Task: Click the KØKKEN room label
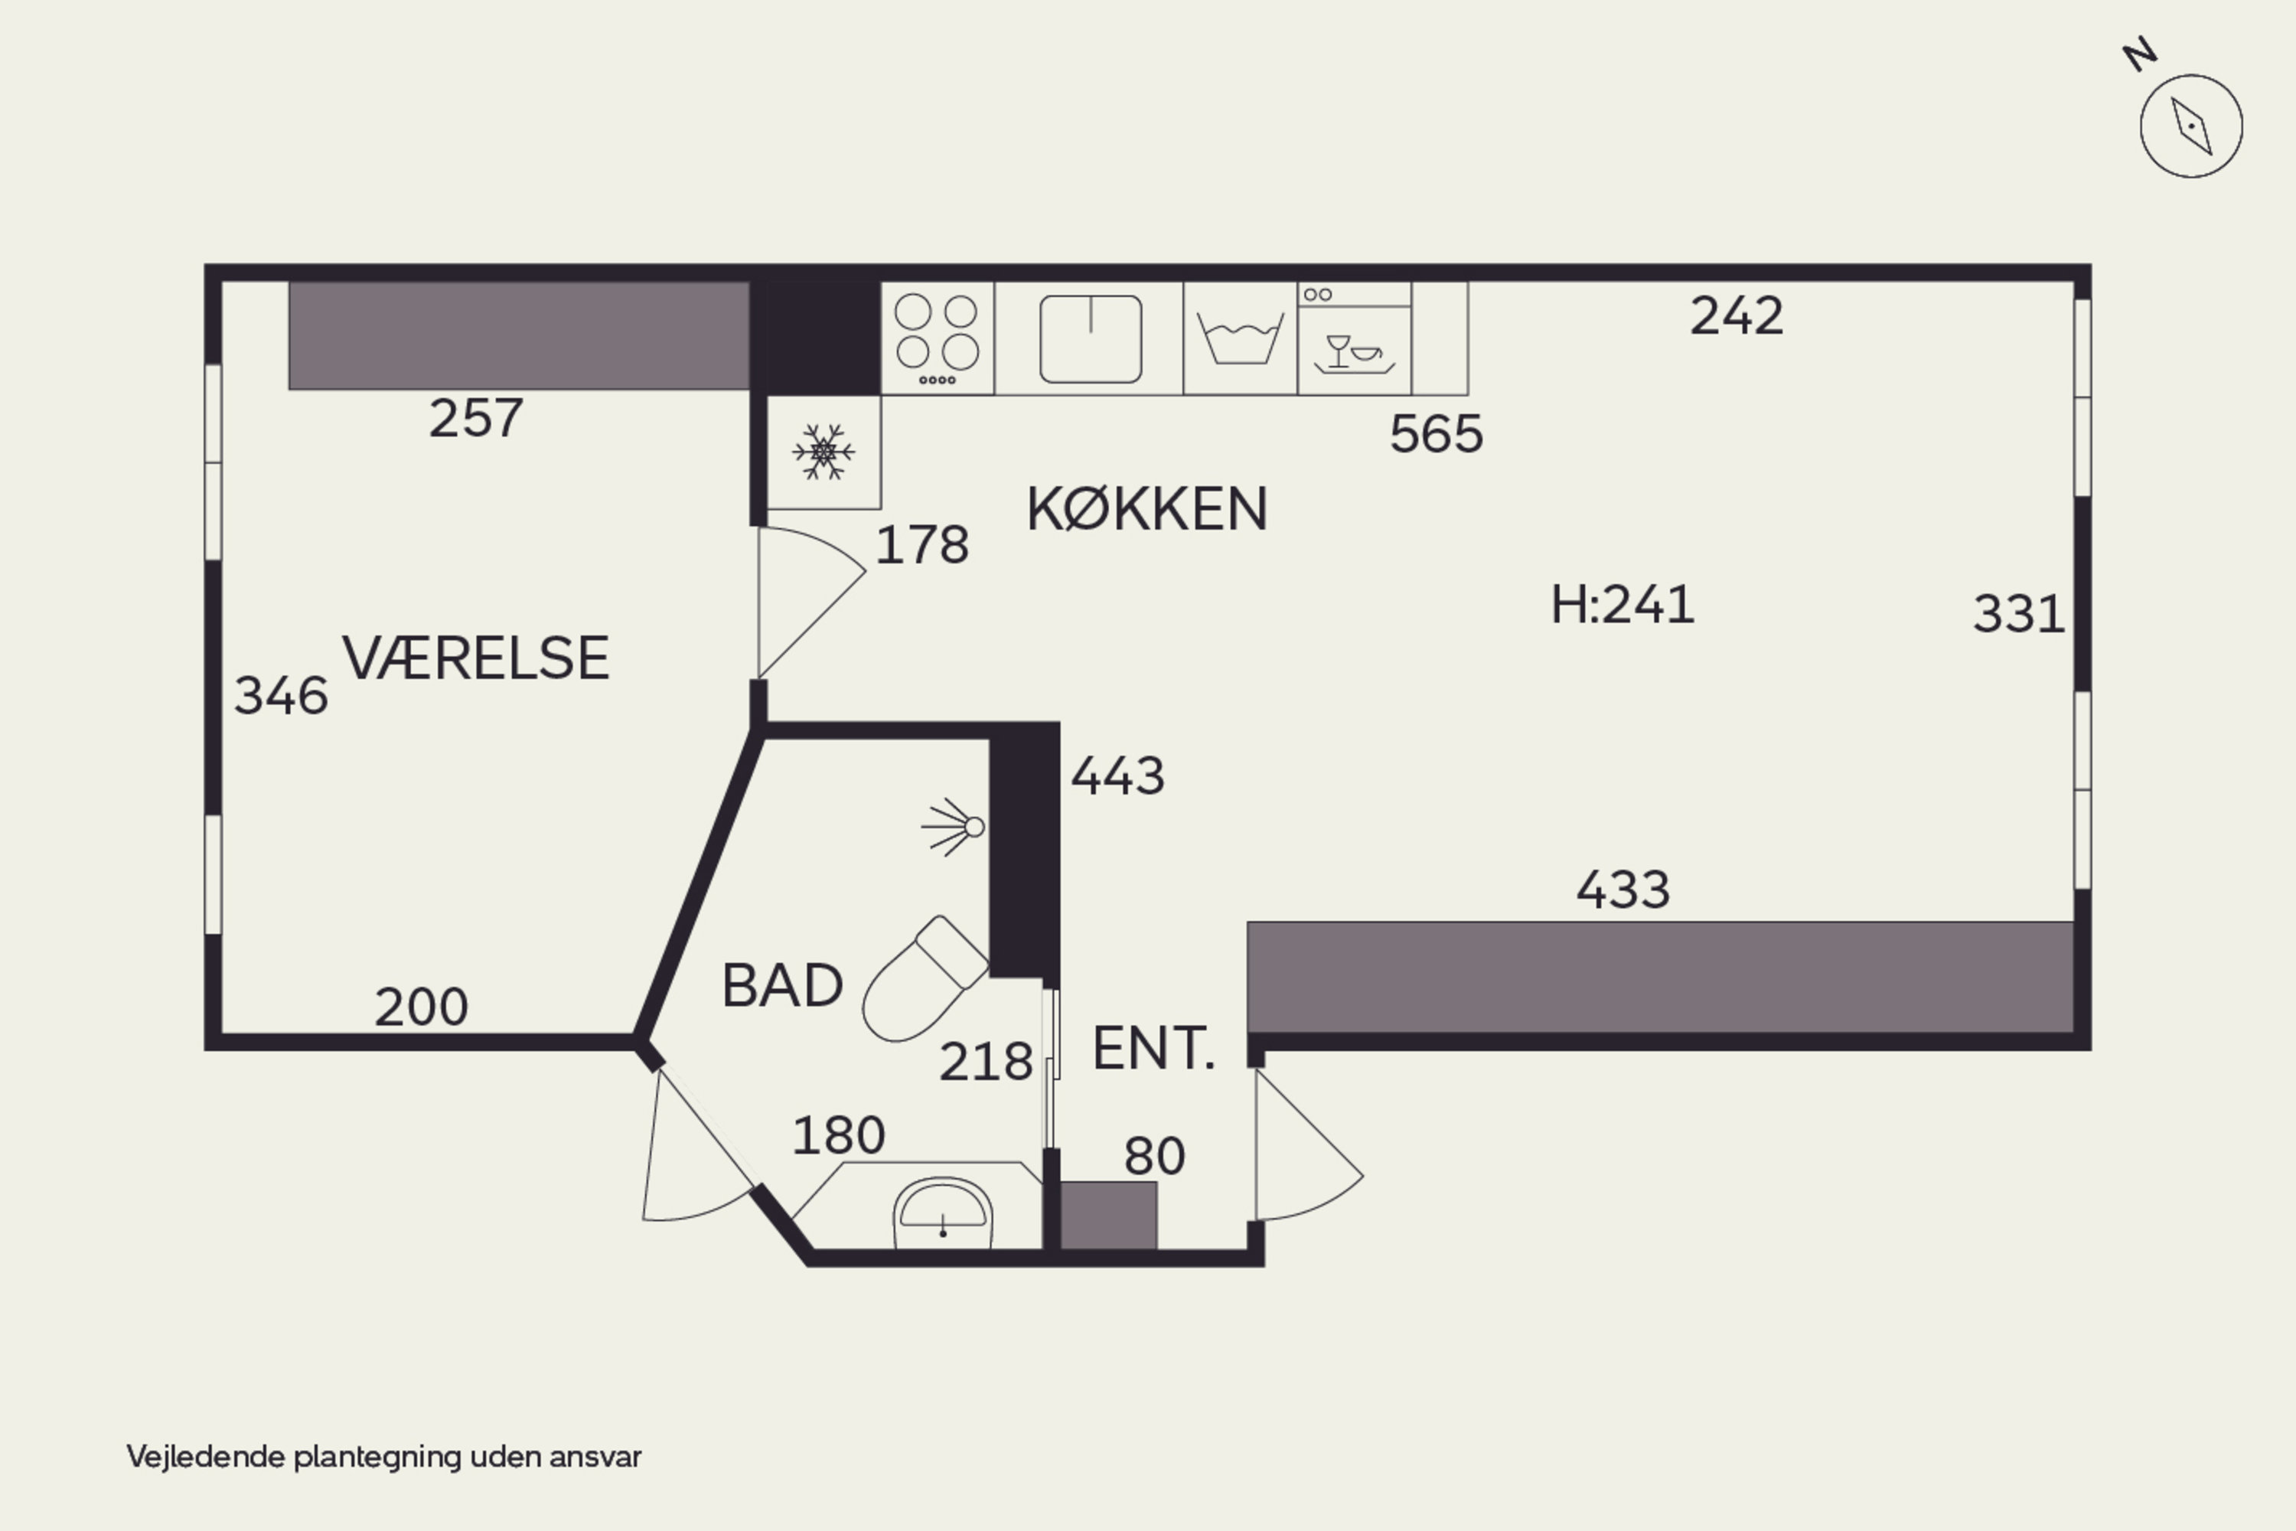1147,509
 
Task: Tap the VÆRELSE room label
475,658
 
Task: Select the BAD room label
783,985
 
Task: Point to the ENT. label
1153,1050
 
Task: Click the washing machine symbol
1240,338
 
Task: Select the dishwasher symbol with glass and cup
1354,338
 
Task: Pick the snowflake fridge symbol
824,452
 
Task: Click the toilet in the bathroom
925,978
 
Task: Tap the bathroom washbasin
943,1213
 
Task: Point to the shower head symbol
954,827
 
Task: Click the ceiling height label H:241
1623,605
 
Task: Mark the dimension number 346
281,696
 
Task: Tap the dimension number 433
1623,890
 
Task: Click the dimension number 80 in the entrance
1155,1156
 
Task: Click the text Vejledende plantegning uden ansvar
383,1457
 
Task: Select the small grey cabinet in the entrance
1109,1216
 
